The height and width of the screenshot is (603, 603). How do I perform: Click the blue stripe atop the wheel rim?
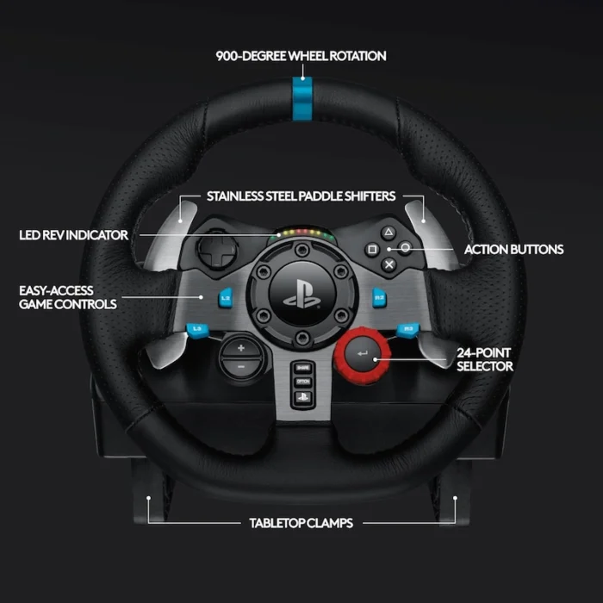(x=301, y=91)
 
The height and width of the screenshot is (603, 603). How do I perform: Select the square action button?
(x=372, y=249)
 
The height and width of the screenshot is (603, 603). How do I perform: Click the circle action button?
(x=405, y=249)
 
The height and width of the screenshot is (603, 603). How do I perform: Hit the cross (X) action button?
(x=389, y=265)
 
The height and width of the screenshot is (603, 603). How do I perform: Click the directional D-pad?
(x=209, y=252)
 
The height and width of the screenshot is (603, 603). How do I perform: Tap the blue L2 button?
(x=226, y=297)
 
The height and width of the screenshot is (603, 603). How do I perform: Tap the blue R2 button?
(x=377, y=297)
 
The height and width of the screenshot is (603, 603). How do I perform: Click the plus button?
(x=240, y=347)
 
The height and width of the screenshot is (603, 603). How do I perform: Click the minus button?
(x=240, y=366)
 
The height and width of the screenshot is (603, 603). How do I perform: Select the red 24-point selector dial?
(x=363, y=354)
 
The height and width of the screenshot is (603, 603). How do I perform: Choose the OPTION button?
(x=302, y=381)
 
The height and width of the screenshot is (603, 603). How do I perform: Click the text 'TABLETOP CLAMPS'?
(x=301, y=523)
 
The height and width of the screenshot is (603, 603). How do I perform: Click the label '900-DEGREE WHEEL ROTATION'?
(x=301, y=56)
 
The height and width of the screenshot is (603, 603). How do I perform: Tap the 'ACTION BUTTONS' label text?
(x=513, y=250)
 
